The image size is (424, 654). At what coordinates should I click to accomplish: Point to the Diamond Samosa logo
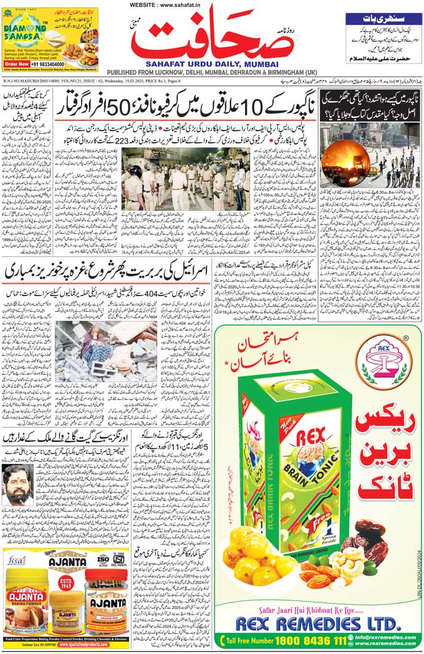pos(25,29)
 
